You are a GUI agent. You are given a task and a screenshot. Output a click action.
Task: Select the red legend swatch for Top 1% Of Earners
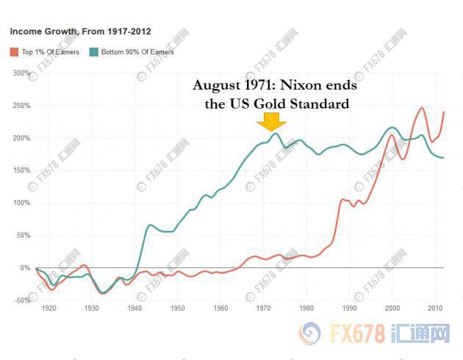click(13, 51)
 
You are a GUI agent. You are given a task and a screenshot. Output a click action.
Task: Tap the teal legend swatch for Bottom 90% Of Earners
click(93, 51)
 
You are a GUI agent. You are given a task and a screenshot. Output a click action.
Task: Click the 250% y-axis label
click(21, 106)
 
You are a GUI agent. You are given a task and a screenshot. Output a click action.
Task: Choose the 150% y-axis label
click(21, 170)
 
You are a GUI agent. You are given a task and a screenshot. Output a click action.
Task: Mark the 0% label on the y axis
click(24, 267)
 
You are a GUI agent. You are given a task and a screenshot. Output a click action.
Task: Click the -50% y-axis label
click(21, 300)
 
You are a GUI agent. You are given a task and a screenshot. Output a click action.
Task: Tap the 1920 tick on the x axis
click(49, 309)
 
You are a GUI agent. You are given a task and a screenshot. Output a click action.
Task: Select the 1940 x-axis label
click(135, 309)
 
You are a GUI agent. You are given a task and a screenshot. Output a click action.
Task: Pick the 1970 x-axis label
click(265, 309)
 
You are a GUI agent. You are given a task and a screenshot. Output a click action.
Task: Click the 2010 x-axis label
click(437, 309)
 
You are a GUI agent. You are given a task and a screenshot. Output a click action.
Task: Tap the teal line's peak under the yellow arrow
click(275, 134)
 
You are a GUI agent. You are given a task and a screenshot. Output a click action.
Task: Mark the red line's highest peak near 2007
click(422, 109)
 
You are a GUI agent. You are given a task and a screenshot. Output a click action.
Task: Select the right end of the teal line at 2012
click(443, 158)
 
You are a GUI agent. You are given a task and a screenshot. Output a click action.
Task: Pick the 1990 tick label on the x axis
click(351, 309)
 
